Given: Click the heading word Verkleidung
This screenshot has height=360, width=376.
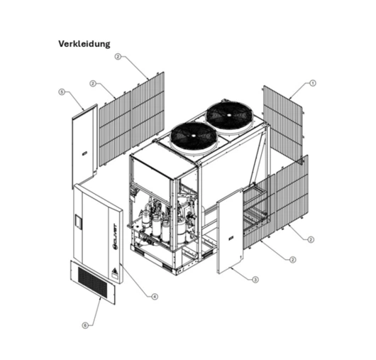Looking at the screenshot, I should pyautogui.click(x=84, y=44).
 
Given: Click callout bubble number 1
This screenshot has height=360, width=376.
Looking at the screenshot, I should pyautogui.click(x=313, y=82).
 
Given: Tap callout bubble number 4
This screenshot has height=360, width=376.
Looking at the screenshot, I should pyautogui.click(x=155, y=296).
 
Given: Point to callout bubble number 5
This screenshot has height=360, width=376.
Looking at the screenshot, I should pyautogui.click(x=61, y=92).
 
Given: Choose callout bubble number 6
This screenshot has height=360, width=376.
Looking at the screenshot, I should pyautogui.click(x=85, y=325).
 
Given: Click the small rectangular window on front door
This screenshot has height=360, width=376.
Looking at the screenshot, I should pyautogui.click(x=79, y=224).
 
